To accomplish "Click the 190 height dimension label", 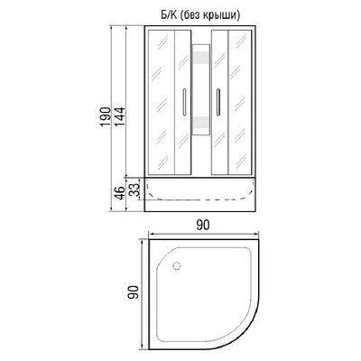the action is click(x=104, y=117).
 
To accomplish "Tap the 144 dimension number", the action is click(x=119, y=117).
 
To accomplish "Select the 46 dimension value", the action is click(x=120, y=193).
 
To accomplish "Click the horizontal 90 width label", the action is click(x=203, y=225).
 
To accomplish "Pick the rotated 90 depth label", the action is click(x=133, y=292).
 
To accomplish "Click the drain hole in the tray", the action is click(x=177, y=265).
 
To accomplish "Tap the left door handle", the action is click(x=184, y=102).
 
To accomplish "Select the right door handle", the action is click(x=218, y=102).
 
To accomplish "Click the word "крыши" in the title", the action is click(x=224, y=15).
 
